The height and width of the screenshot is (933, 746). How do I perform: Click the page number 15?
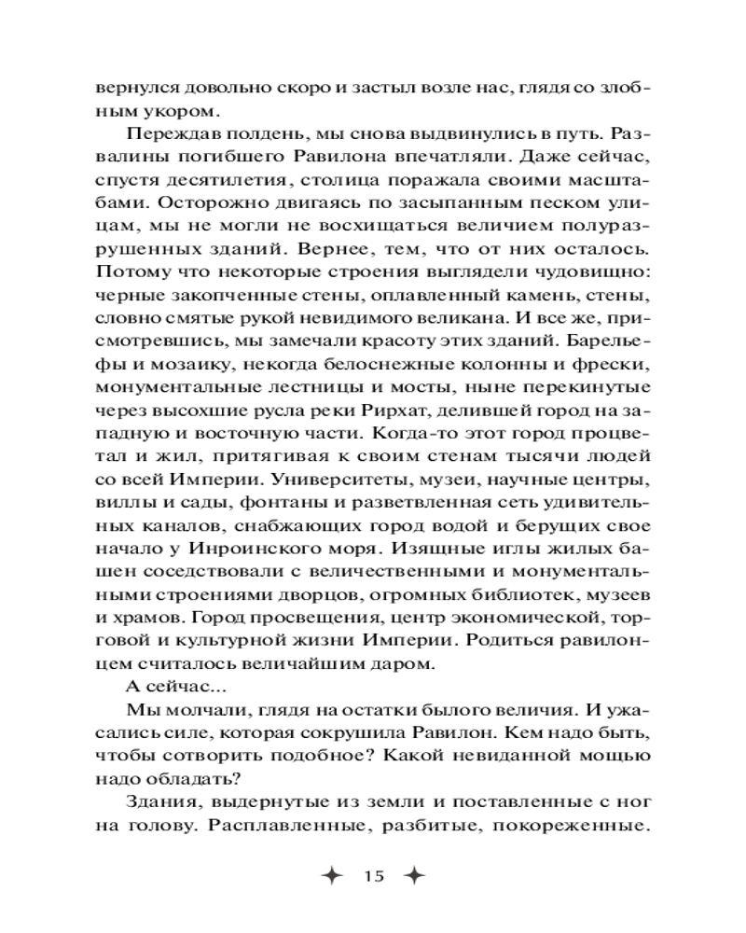click(375, 876)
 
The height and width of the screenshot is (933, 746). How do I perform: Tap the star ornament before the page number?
click(332, 876)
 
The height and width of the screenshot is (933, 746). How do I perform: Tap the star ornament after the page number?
click(415, 876)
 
